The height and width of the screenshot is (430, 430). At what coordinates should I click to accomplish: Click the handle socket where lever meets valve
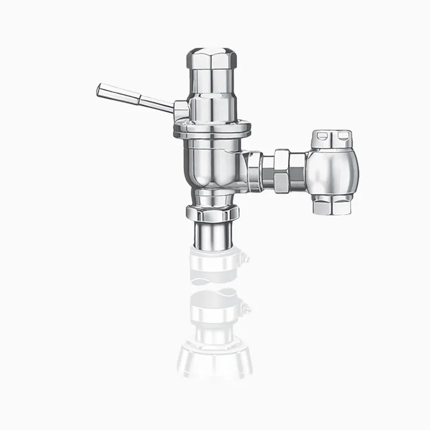[x=181, y=110]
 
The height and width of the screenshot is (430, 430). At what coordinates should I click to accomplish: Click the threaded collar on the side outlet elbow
[x=254, y=170]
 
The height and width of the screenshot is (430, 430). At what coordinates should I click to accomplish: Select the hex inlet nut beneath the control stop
[x=332, y=205]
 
